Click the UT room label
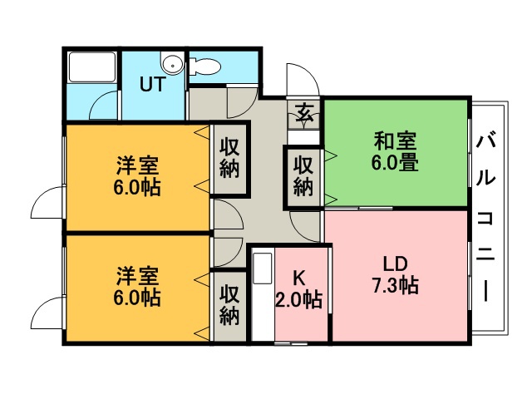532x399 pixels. [152, 84]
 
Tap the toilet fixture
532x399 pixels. [204, 66]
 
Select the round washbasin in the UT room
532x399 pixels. [172, 64]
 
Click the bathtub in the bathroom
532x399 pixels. [91, 66]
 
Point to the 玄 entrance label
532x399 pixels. [303, 112]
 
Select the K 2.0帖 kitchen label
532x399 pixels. [298, 288]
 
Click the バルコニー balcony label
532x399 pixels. [485, 217]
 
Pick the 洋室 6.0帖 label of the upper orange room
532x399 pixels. [137, 175]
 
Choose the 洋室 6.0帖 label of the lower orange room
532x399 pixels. [137, 286]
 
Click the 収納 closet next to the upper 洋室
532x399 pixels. [229, 158]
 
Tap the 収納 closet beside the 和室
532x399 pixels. [303, 175]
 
